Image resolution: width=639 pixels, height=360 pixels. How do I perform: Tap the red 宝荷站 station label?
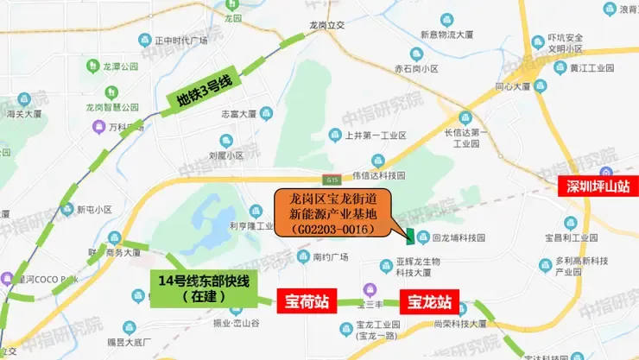(306, 303)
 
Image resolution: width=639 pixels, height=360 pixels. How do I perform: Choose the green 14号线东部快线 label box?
(193, 288)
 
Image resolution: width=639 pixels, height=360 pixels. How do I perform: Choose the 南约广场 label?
(329, 256)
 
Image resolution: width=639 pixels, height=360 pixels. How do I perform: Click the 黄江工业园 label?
(591, 66)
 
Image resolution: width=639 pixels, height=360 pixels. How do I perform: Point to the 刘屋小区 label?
(226, 156)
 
